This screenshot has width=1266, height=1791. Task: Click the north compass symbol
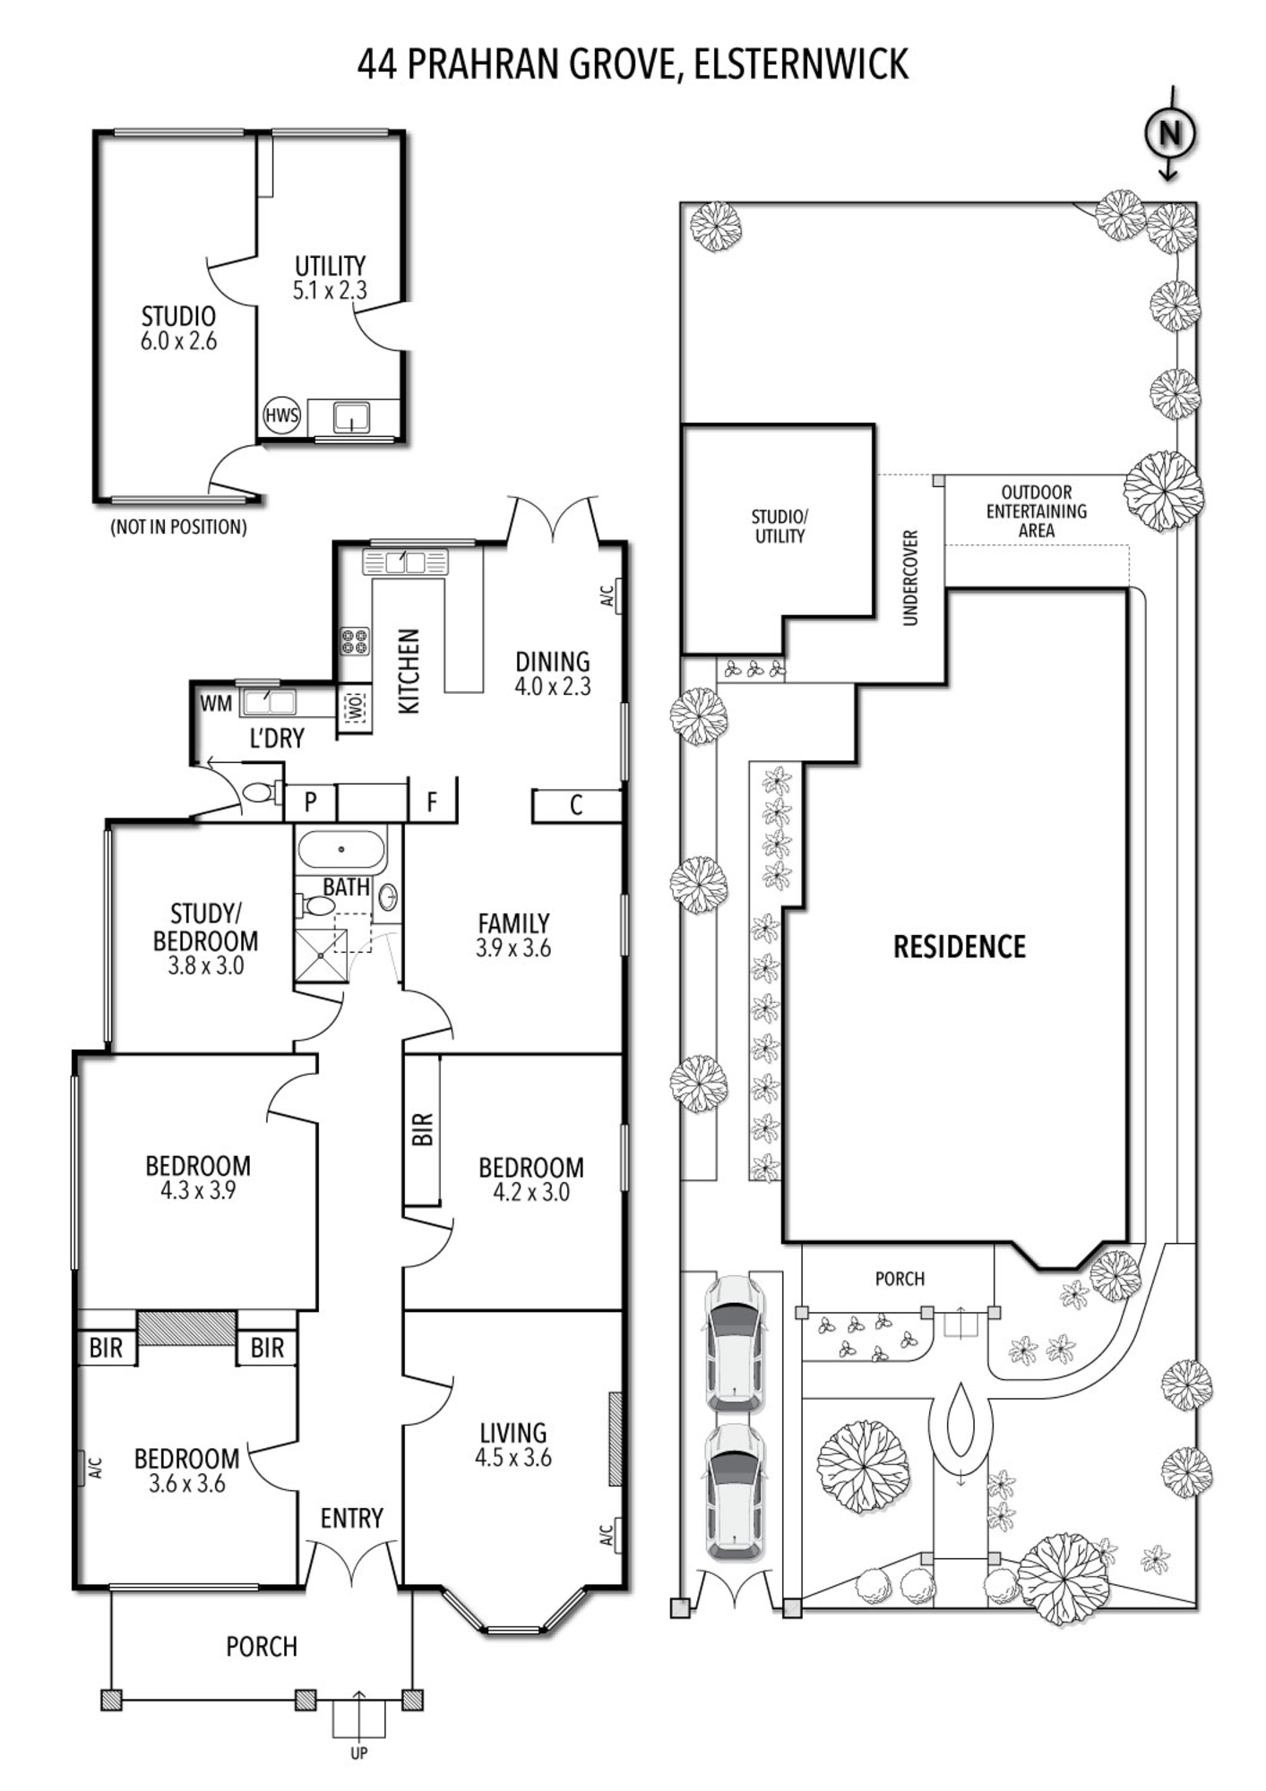click(1170, 133)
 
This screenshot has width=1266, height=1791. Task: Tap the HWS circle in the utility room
click(281, 416)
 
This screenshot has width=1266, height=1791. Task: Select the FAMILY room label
click(513, 923)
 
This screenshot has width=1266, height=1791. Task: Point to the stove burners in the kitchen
click(355, 640)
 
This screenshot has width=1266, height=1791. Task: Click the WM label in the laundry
click(216, 704)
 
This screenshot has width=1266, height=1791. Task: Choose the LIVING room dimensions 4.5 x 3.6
click(513, 1457)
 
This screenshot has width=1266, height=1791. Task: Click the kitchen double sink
click(405, 562)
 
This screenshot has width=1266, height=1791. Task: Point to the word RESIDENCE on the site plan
click(960, 947)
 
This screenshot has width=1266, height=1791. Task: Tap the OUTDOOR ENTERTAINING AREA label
click(1037, 511)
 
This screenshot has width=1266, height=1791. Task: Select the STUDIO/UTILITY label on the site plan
click(779, 527)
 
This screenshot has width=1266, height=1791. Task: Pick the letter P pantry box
click(310, 801)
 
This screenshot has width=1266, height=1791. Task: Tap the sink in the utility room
click(351, 417)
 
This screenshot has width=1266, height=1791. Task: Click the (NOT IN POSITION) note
click(178, 527)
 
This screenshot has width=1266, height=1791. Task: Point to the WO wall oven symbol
click(355, 708)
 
